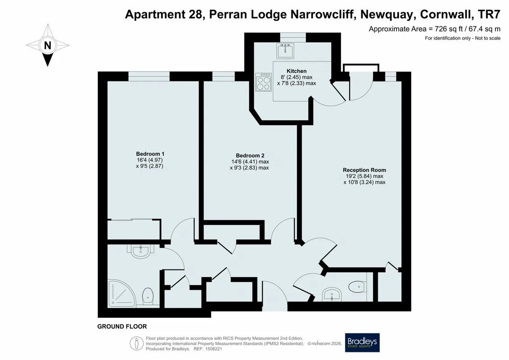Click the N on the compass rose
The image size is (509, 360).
[x=48, y=45]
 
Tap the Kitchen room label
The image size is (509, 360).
[x=297, y=71]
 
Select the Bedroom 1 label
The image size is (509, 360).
[x=150, y=154]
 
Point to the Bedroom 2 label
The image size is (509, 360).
[x=250, y=156]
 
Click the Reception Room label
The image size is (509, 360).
[x=364, y=170]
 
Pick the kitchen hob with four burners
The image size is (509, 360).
[x=264, y=82]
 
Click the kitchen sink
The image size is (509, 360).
[x=285, y=51]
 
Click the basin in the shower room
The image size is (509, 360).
[x=141, y=251]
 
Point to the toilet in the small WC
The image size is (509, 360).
[x=358, y=287]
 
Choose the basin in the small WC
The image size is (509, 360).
[x=332, y=294]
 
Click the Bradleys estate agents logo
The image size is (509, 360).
[x=362, y=343]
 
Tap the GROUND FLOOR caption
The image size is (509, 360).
[x=122, y=327]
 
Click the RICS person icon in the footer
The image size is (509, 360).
[x=137, y=343]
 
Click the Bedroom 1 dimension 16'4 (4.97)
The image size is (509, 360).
[x=150, y=160]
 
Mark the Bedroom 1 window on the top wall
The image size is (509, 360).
[x=149, y=76]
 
